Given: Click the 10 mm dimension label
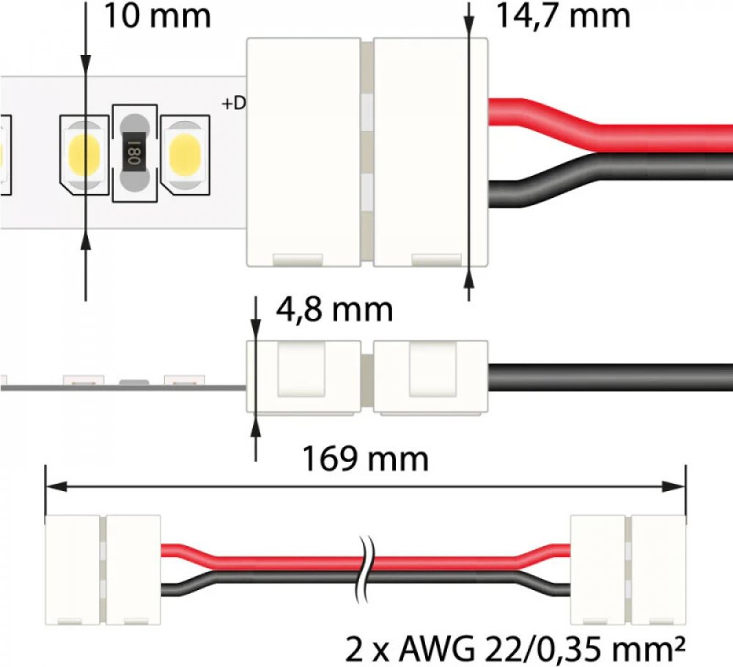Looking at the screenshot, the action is tap(157, 16).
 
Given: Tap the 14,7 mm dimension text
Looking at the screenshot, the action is tap(563, 16).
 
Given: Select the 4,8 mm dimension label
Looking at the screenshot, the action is tap(334, 309).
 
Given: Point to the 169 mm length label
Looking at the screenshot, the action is tap(366, 459).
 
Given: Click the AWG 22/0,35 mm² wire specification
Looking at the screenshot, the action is tap(515, 649).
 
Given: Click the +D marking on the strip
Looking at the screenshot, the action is tap(233, 104).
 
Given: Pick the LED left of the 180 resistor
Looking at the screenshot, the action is tap(84, 155).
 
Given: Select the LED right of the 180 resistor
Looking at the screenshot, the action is tap(185, 155).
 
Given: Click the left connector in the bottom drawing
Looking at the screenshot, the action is tap(103, 570).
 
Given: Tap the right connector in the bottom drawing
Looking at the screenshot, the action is tap(628, 570).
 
